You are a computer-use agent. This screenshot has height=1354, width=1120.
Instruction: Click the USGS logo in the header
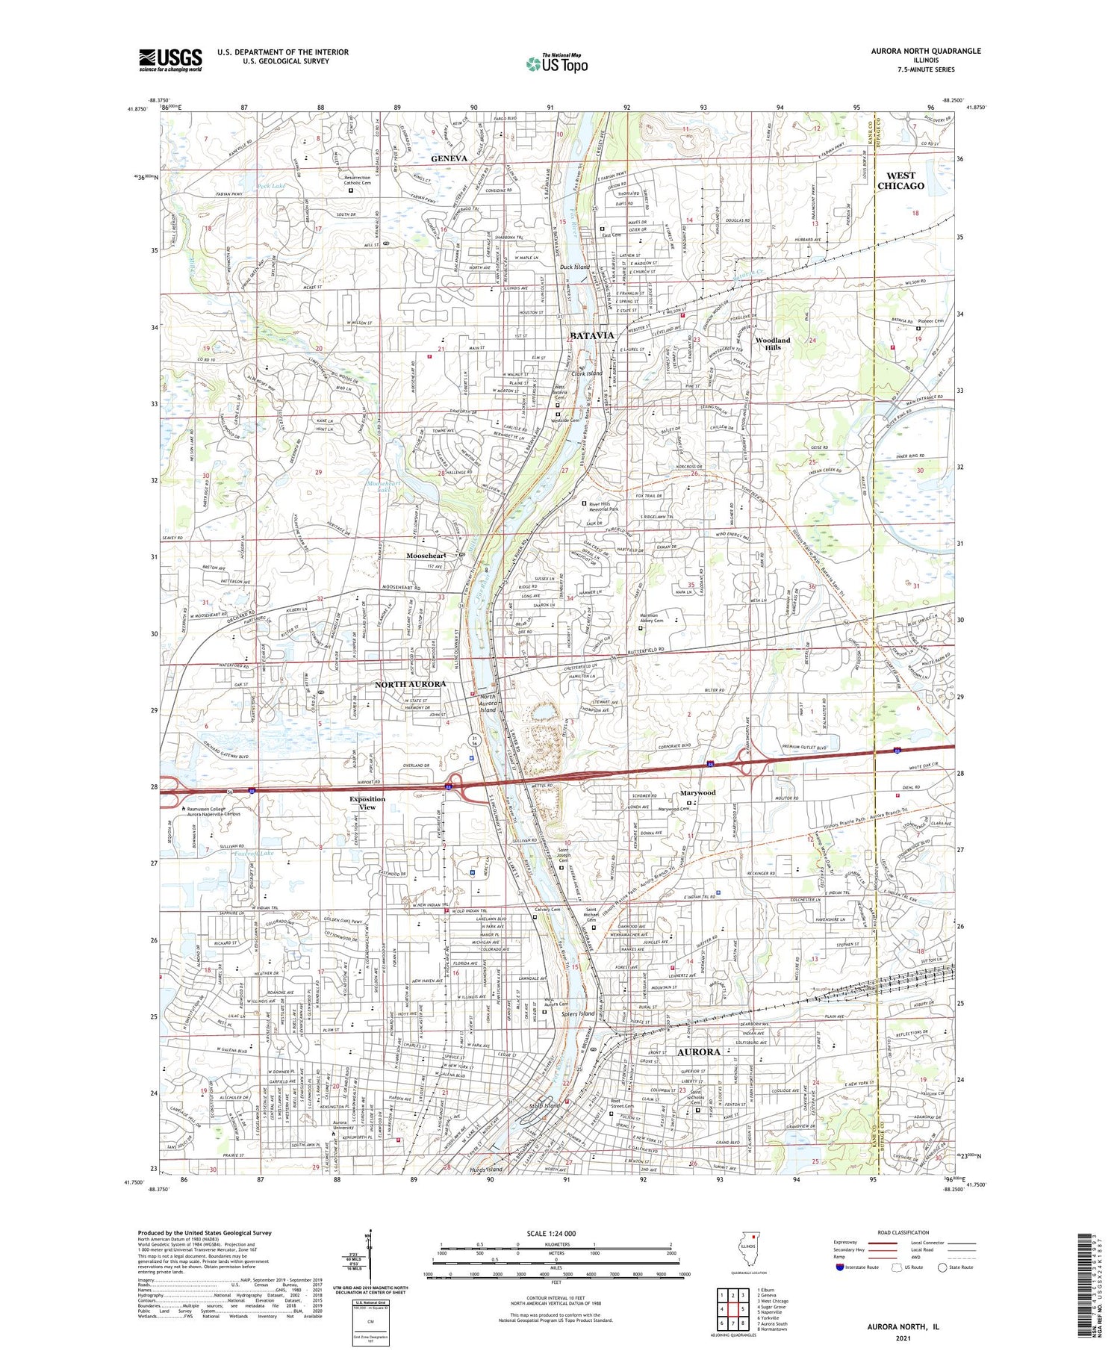coord(170,60)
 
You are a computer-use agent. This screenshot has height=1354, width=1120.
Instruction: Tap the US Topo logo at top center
coord(556,63)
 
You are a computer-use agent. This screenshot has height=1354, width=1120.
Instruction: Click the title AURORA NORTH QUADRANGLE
coord(925,51)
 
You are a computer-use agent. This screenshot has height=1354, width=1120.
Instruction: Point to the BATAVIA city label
coord(591,335)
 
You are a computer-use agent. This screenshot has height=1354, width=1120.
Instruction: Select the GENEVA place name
coord(449,158)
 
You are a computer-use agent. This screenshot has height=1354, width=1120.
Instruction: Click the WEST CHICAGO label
coord(900,181)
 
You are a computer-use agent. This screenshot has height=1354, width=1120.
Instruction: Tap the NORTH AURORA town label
coord(411,684)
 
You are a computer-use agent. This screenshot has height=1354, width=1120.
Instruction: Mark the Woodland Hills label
coord(772,344)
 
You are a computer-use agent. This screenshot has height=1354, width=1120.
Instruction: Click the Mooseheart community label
coord(426,556)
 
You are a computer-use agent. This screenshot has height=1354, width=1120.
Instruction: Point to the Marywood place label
coord(697,792)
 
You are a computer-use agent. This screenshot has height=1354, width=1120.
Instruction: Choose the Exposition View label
coord(367,803)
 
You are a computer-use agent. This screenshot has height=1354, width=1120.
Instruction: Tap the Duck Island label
coord(575,267)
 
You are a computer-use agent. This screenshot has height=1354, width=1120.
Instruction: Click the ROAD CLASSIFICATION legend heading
coord(903,1232)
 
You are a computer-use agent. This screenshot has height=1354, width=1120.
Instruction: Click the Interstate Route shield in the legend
coord(839,1267)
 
